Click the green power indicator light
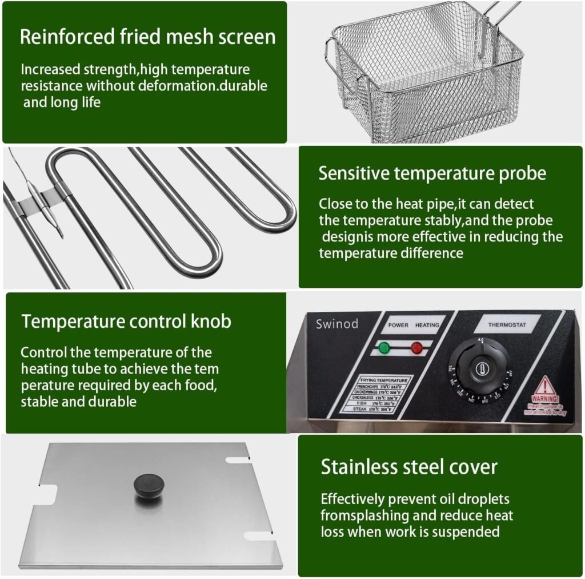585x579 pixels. pyautogui.click(x=383, y=347)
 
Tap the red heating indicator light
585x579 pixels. pyautogui.click(x=416, y=347)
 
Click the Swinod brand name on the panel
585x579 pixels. pyautogui.click(x=337, y=324)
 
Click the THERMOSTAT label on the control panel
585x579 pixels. pyautogui.click(x=507, y=324)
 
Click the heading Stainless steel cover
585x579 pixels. pyautogui.click(x=408, y=467)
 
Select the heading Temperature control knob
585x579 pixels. pyautogui.click(x=126, y=321)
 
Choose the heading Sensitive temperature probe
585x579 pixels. pyautogui.click(x=432, y=173)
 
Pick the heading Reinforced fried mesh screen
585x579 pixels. pyautogui.click(x=147, y=36)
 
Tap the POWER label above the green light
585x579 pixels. pyautogui.click(x=399, y=325)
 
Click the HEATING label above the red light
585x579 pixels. pyautogui.click(x=427, y=325)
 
